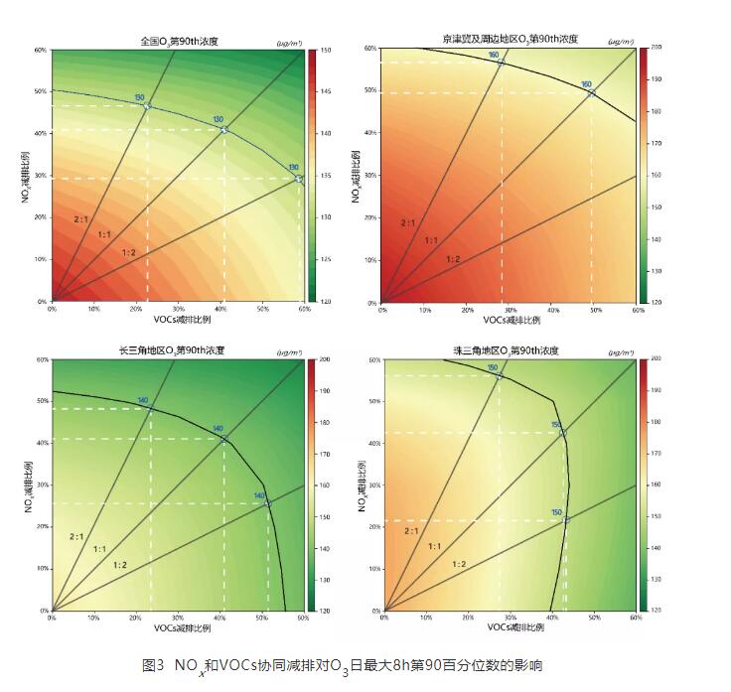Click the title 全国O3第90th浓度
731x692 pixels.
pos(178,41)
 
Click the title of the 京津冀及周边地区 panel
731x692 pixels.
pos(510,40)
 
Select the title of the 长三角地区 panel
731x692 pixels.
pos(178,350)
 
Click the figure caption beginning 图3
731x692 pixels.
pos(343,664)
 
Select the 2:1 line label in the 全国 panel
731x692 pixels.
pos(82,218)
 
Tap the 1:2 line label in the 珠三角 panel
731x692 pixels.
pos(461,564)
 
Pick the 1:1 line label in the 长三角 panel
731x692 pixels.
pos(100,549)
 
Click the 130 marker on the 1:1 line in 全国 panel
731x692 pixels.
pos(223,129)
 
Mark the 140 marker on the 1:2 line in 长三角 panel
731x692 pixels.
pos(266,503)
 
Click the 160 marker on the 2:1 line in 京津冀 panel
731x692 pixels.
pos(501,62)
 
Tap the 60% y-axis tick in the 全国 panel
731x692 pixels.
pos(41,50)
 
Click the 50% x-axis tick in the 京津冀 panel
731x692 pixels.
pos(594,309)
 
